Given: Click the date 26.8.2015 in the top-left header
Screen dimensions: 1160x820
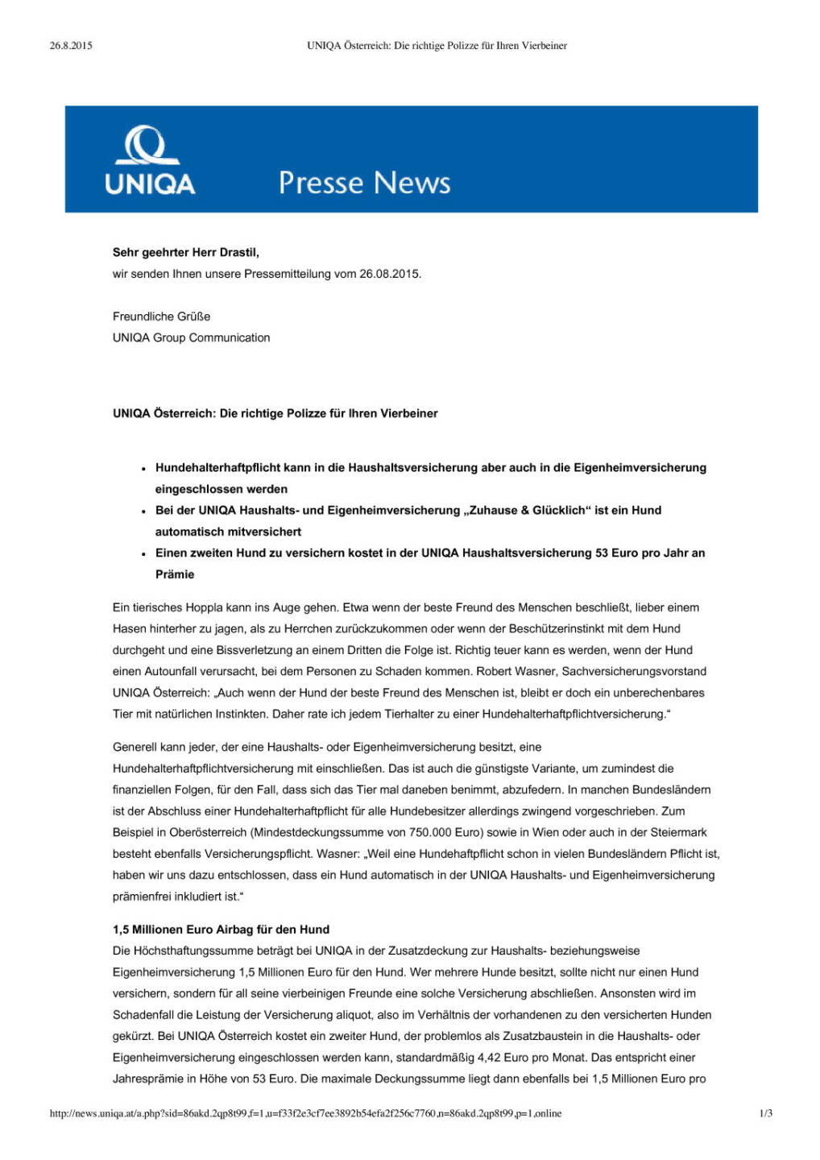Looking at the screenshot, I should point(71,46).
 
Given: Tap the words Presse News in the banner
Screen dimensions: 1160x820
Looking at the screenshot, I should point(364,183).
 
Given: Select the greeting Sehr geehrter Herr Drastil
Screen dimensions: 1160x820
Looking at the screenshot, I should point(185,252).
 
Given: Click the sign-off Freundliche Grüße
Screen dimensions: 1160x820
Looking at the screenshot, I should point(161,317).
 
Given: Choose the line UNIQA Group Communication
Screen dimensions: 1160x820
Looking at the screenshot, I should point(191,338).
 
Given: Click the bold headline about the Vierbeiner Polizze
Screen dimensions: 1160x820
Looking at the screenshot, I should point(275,413).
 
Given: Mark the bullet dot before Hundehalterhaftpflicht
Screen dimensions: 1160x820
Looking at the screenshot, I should point(143,469).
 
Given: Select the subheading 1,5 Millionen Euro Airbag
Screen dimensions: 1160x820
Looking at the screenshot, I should point(221,929).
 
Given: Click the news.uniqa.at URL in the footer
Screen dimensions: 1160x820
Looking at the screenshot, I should point(305,1113).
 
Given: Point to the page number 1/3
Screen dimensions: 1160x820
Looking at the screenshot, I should point(765,1113).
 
